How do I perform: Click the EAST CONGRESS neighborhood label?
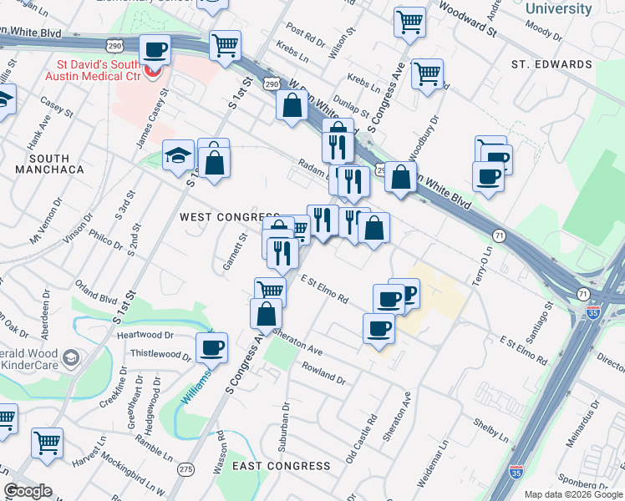pos(281,465)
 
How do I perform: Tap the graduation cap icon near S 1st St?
pos(178,155)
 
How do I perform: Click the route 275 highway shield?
pos(186,469)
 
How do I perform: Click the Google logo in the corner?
pos(28,492)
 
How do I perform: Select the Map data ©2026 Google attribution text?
pos(572,494)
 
